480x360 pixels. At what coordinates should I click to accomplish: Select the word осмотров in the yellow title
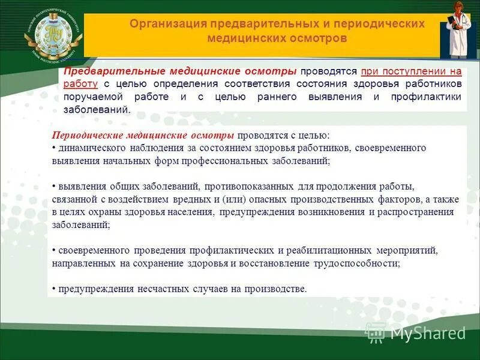[x=317, y=38]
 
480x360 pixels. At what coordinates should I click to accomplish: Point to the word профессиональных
[x=233, y=161]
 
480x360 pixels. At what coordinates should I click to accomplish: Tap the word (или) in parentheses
[x=231, y=199]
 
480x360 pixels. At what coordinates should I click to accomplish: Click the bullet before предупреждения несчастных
[x=53, y=289]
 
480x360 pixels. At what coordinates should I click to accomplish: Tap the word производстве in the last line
[x=276, y=289]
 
